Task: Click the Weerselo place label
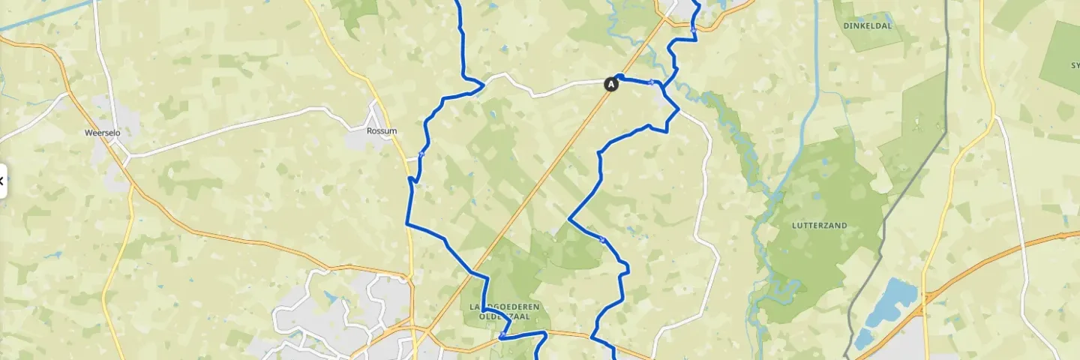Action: pyautogui.click(x=103, y=133)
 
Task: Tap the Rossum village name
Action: pyautogui.click(x=382, y=131)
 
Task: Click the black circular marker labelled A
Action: pyautogui.click(x=611, y=85)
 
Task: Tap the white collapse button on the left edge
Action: pyautogui.click(x=2, y=181)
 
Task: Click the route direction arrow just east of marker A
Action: pyautogui.click(x=652, y=82)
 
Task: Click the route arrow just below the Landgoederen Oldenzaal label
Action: pyautogui.click(x=501, y=335)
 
